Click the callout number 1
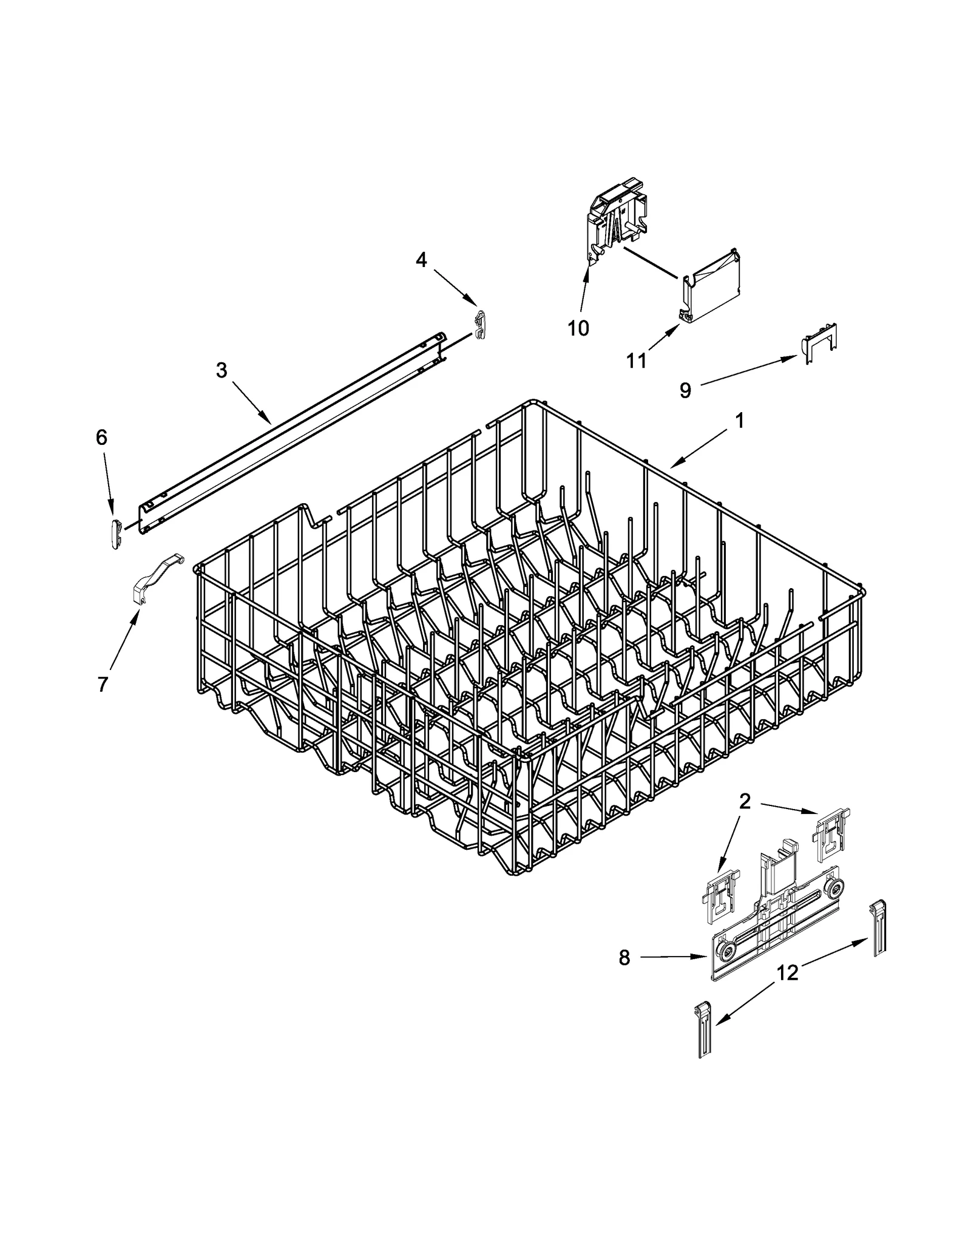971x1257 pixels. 740,421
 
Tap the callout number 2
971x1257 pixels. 745,802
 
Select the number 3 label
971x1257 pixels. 222,370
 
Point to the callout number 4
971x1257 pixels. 421,260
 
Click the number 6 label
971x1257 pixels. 101,437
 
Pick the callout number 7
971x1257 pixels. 103,684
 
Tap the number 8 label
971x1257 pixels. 624,958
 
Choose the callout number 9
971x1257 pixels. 685,390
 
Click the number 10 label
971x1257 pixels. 578,328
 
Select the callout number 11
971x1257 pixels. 636,361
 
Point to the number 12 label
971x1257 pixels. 787,973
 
